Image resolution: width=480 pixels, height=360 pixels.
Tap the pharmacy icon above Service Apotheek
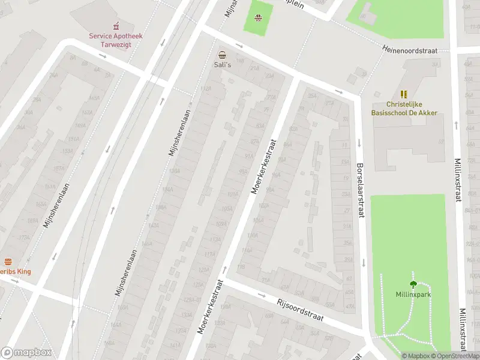point(116,26)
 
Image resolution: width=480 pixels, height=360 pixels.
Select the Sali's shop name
point(222,64)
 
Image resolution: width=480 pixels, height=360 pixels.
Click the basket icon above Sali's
point(222,54)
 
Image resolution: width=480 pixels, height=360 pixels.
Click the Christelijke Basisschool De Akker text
point(403,109)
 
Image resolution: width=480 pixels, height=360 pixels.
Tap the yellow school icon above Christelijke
point(403,95)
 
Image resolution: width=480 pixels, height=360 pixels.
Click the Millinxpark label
point(413,295)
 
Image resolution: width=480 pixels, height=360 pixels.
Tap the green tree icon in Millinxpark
point(413,284)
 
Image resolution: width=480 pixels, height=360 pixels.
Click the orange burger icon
point(8,262)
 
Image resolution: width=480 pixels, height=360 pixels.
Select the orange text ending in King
point(14,272)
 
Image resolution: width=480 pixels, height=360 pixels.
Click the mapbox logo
point(26,353)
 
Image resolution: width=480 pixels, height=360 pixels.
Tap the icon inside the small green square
point(258,18)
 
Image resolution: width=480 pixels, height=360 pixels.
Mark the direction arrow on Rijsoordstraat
point(262,295)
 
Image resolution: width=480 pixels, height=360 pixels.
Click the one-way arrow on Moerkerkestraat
point(226,269)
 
